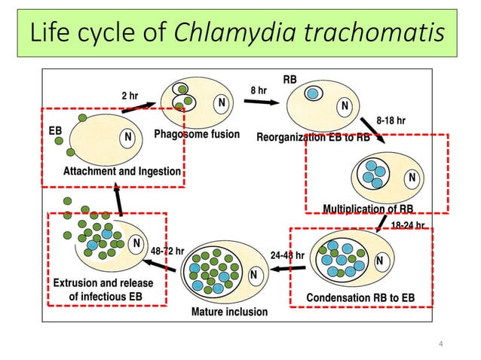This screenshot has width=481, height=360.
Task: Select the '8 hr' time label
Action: (259, 90)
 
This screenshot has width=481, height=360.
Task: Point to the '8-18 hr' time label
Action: (391, 121)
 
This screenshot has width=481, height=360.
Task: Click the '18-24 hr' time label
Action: (408, 224)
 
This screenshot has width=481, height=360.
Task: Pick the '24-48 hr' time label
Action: (286, 255)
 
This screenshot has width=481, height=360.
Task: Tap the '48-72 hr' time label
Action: (167, 251)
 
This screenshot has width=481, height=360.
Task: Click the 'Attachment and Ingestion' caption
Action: (122, 171)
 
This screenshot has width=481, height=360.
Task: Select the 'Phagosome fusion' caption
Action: (197, 135)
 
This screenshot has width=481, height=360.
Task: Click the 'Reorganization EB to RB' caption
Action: (313, 137)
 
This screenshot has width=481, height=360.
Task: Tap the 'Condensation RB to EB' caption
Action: (360, 297)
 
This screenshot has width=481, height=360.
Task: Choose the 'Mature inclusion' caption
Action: (228, 311)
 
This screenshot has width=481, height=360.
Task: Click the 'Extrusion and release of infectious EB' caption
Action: (103, 290)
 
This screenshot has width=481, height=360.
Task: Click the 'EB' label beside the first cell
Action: (55, 130)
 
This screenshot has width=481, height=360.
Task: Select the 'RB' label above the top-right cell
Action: (290, 79)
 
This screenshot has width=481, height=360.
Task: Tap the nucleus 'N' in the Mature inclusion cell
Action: (254, 274)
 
